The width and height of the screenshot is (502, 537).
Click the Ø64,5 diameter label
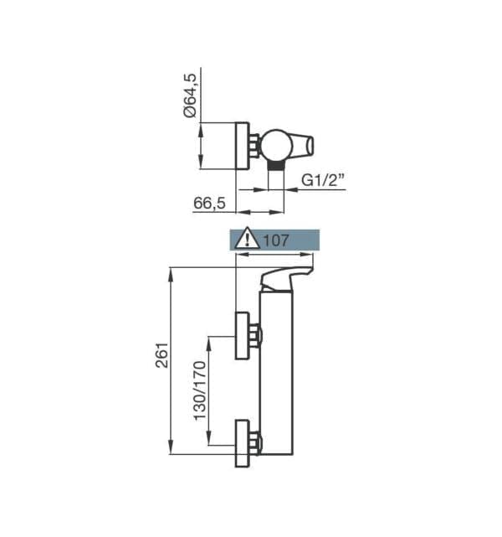190,96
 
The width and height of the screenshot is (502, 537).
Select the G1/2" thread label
322,179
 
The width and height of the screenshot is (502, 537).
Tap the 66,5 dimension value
209,203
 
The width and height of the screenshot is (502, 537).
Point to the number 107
276,240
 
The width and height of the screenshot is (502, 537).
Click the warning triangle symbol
248,239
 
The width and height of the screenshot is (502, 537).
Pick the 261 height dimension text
162,355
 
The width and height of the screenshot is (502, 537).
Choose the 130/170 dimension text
201,390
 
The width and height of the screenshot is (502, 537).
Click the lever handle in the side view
286,279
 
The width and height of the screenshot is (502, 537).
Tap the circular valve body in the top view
276,145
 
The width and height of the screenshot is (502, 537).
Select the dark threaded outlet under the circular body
276,166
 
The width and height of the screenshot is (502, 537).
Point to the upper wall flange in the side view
242,336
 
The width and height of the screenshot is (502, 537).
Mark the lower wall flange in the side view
242,443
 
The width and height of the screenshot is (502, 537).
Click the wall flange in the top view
243,146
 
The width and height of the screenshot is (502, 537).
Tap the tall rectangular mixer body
276,374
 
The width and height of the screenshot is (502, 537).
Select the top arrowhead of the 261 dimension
171,274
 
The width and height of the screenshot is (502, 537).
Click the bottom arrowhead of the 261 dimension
171,447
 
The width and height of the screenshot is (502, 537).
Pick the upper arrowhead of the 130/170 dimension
209,343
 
